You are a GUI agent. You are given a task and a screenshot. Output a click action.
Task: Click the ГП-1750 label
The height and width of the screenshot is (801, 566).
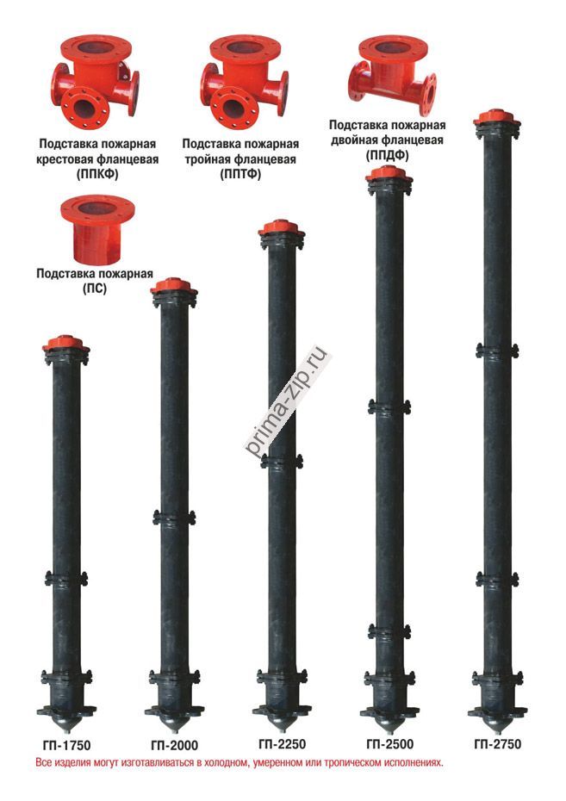[66, 745]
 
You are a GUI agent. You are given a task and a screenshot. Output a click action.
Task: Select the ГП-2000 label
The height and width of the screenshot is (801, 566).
[174, 745]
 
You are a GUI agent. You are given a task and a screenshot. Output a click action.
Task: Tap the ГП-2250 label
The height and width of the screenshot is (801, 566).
[282, 744]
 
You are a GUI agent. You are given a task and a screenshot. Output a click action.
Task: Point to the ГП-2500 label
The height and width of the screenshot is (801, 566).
[389, 744]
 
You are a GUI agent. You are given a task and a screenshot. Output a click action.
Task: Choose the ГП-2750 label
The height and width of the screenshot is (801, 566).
[498, 744]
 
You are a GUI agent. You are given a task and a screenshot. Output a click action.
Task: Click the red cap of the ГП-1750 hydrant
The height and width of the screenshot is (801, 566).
[65, 344]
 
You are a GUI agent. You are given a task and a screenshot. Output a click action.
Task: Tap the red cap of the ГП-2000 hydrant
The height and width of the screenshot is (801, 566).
[174, 286]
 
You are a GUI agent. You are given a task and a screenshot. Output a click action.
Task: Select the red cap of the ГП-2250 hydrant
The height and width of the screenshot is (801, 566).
[282, 227]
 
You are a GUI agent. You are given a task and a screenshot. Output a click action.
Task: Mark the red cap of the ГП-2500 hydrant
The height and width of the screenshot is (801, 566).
[389, 173]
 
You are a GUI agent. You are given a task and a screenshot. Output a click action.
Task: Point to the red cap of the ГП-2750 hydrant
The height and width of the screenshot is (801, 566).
[496, 117]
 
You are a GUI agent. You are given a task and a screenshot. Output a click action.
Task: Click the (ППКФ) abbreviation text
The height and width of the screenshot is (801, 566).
[97, 174]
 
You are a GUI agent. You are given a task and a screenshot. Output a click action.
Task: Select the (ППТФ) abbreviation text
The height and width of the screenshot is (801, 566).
[240, 174]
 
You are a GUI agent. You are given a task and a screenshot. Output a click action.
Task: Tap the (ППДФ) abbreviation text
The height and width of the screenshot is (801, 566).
[387, 155]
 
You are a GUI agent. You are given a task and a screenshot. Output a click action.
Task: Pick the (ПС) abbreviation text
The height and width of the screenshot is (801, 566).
[95, 289]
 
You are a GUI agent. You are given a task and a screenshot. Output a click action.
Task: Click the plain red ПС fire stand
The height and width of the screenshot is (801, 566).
[97, 229]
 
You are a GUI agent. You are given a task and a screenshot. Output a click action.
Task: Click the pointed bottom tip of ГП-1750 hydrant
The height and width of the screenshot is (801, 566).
[66, 731]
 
